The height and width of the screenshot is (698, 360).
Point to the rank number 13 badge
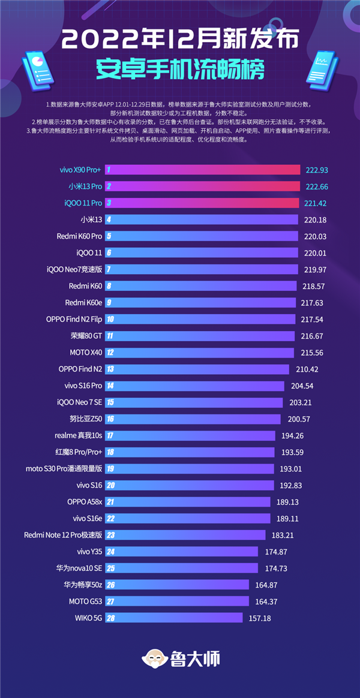point(110,369)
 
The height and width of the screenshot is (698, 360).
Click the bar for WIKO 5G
point(174,618)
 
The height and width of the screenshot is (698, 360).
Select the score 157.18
point(264,618)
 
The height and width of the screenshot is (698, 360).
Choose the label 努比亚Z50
point(86,419)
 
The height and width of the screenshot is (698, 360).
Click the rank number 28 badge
point(110,618)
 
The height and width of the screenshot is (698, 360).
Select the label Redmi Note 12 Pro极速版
point(63,535)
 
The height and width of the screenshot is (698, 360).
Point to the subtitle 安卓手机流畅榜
point(180,70)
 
